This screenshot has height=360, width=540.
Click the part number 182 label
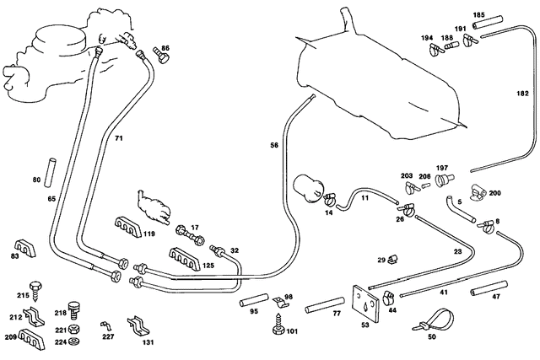(x=522, y=94)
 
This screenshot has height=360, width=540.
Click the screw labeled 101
(x=278, y=324)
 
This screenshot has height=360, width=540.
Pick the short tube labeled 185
(x=488, y=23)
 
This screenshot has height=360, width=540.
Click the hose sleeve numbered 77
(x=324, y=305)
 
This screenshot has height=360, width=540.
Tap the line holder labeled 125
(x=184, y=259)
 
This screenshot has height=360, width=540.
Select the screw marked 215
(x=35, y=291)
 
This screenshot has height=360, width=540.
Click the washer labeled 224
(x=73, y=341)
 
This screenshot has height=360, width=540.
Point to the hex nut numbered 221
(x=73, y=330)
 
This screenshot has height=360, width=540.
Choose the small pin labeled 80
(x=50, y=173)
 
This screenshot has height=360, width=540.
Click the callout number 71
(x=119, y=138)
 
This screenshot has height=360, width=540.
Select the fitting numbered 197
(x=445, y=180)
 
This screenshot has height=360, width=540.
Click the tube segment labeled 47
(x=489, y=288)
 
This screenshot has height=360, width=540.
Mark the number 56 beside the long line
(x=274, y=146)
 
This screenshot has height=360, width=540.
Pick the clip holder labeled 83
(x=24, y=248)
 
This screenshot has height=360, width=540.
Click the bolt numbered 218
(x=73, y=311)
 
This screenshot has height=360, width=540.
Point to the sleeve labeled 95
(x=254, y=300)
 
